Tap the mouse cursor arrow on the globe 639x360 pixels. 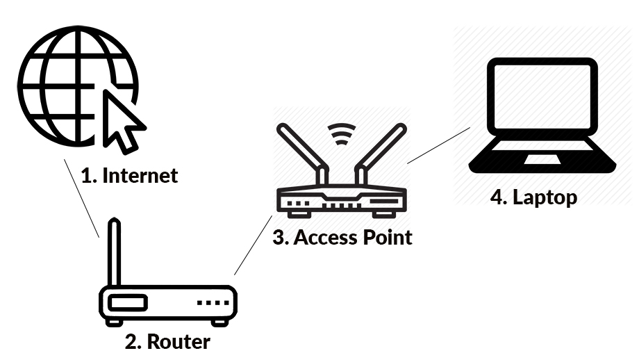[122, 121]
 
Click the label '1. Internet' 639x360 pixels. [129, 176]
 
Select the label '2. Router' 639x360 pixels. [167, 341]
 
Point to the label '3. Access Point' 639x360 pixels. [342, 238]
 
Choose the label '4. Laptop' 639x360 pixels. [533, 197]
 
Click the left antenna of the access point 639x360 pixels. [301, 153]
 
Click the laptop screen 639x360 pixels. [542, 97]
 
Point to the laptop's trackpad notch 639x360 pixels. [542, 159]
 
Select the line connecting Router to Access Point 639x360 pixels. [253, 245]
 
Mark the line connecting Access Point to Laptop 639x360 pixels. [439, 145]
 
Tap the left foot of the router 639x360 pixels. [114, 322]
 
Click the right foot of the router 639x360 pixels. [219, 322]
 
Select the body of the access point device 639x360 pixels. [341, 201]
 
